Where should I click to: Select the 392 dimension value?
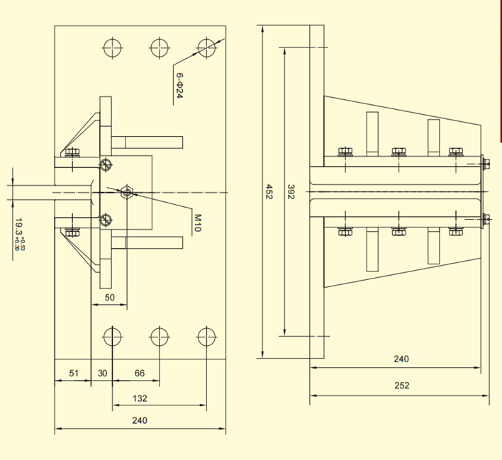291,191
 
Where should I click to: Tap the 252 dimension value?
401,386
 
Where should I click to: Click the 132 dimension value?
140,398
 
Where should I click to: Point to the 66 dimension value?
140,373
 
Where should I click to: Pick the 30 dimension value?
102,373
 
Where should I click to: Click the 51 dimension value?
73,373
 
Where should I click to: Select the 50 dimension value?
110,298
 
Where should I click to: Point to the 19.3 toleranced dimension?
20,234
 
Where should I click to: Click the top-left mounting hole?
112,48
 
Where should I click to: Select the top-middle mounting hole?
159,48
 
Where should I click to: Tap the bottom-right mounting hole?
206,335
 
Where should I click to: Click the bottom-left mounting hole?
112,335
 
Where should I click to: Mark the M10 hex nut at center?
127,192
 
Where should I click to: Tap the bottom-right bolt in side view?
455,231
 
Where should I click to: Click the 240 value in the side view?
401,359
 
